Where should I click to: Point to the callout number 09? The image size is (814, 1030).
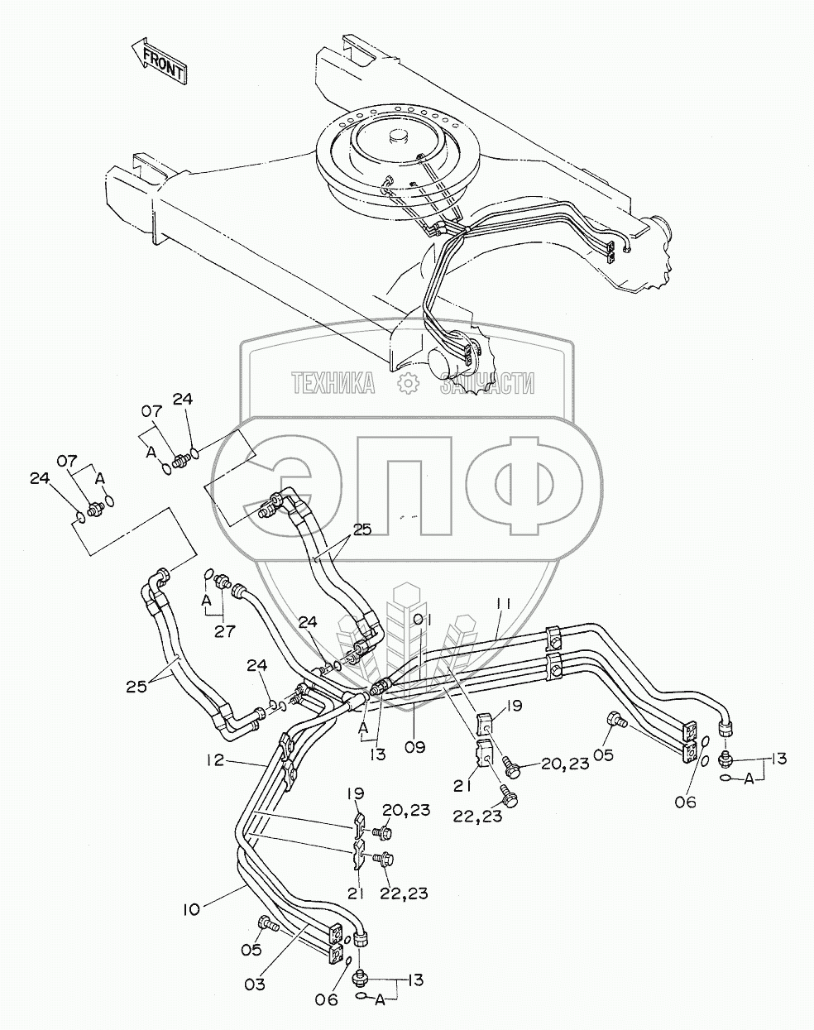pos(414,746)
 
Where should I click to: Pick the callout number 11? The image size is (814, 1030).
pos(503,606)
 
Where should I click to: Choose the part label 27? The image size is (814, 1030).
pos(224,630)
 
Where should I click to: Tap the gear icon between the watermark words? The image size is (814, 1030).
pos(407,382)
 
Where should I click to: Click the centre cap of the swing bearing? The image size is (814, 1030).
pos(396,136)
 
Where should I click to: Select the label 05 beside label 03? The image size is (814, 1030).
pos(251,950)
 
